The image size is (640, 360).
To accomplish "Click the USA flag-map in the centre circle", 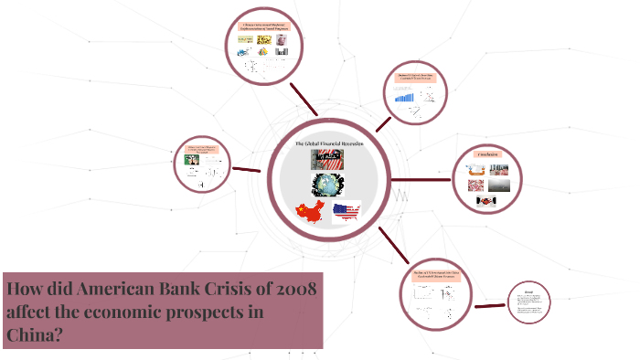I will click(347, 213).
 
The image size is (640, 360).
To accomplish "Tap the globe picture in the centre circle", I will click(325, 185).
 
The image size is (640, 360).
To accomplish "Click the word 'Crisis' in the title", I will click(224, 291).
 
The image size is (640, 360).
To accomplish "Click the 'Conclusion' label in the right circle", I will click(486, 154).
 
